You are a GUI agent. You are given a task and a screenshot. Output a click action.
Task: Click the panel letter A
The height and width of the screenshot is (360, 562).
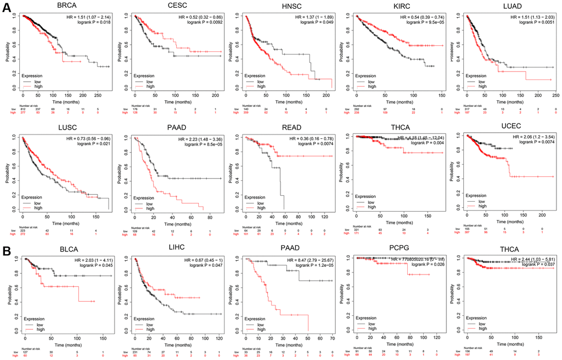tap(7, 11)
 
